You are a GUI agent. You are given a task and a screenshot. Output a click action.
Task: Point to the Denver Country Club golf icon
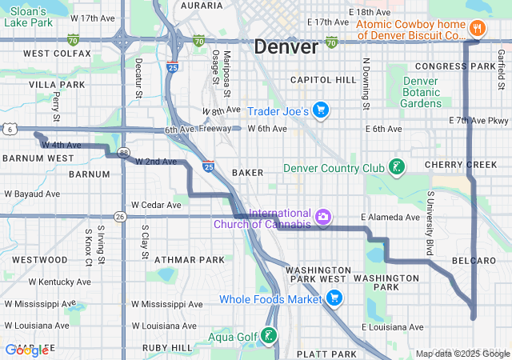(395, 167)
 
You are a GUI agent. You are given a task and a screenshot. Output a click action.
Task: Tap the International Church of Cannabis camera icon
(322, 216)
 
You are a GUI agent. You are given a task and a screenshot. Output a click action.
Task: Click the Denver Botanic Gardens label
(421, 92)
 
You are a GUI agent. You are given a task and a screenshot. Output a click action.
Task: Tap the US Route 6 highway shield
(6, 128)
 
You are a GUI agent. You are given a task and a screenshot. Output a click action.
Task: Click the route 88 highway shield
(123, 152)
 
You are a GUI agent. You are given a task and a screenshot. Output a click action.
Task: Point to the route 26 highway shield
(120, 216)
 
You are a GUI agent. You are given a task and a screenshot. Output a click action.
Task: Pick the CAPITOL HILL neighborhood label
(323, 80)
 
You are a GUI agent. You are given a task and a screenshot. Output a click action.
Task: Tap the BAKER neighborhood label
(247, 172)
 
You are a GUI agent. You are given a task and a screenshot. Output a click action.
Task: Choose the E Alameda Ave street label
(390, 217)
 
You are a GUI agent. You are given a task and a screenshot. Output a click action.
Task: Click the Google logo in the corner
(26, 350)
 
